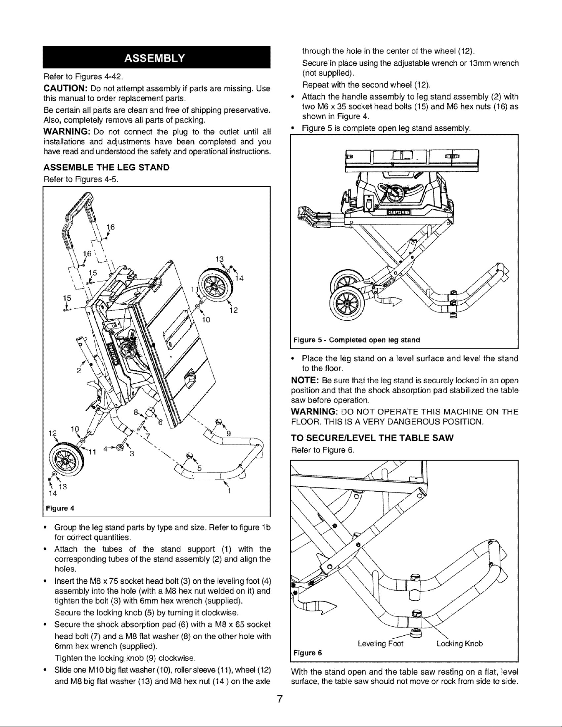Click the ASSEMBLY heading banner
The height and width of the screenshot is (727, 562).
[157, 57]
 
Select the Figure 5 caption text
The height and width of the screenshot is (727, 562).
[356, 340]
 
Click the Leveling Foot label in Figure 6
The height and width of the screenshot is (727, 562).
[380, 644]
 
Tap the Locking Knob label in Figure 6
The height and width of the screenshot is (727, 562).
[459, 644]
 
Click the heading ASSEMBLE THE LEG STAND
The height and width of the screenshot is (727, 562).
[107, 167]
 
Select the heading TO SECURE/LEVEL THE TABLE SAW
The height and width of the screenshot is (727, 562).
[372, 438]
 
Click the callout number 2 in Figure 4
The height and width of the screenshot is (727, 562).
[78, 370]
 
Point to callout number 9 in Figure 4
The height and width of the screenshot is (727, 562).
[228, 433]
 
